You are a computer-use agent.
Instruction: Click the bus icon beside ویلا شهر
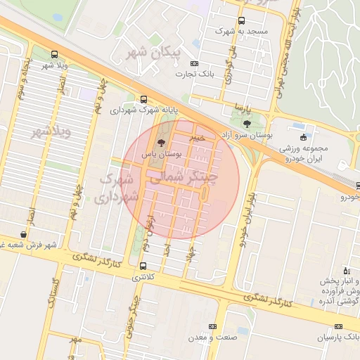(55, 54)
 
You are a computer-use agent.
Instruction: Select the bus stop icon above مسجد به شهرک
(242, 20)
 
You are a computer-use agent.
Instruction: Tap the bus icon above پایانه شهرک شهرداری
(144, 99)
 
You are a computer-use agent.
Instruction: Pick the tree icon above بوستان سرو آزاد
(253, 123)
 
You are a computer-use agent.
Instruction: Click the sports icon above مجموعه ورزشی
(303, 137)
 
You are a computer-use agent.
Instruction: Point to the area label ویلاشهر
(48, 133)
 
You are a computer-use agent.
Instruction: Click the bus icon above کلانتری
(143, 266)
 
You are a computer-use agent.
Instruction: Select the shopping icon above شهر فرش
(25, 234)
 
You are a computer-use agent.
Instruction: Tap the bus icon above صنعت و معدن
(213, 326)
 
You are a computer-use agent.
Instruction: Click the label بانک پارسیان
(337, 338)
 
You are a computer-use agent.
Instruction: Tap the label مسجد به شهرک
(227, 32)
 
